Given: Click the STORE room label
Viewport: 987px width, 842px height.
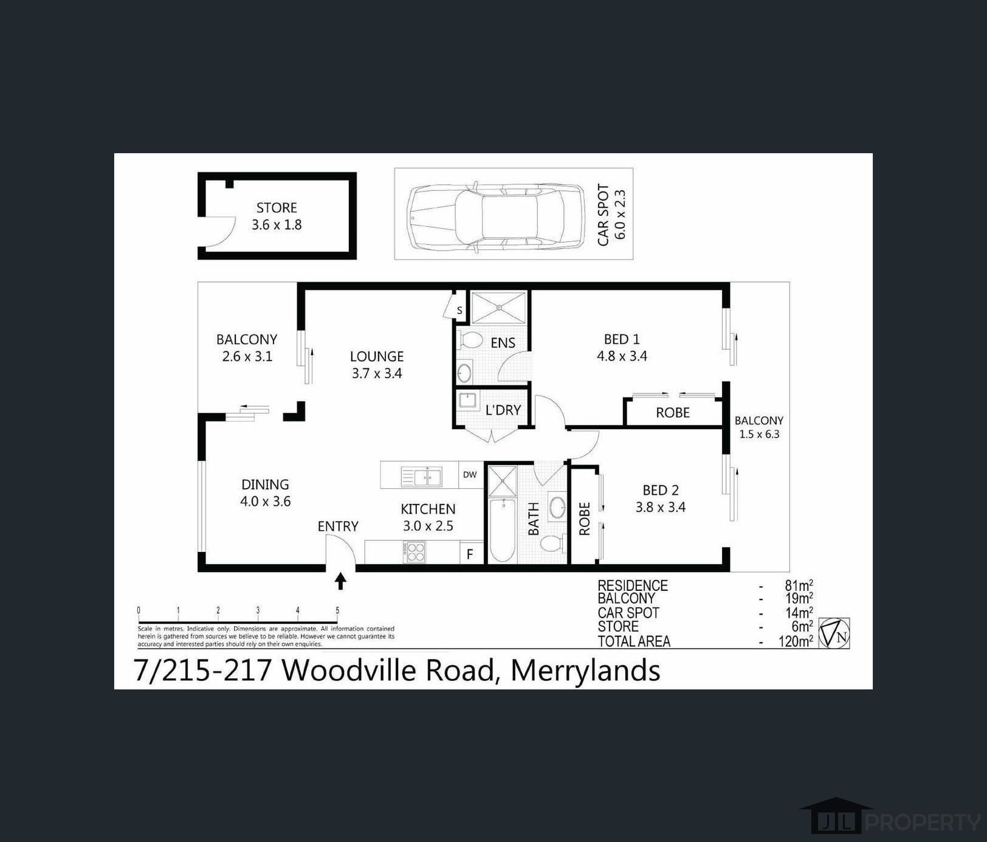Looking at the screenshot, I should [277, 208].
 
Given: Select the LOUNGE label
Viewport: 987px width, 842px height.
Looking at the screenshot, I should [377, 356].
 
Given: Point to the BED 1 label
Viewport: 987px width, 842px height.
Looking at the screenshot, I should [621, 339].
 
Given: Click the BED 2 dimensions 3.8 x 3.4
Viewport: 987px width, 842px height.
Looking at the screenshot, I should [660, 507].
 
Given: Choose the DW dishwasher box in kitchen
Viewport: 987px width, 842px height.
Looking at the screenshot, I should [470, 474].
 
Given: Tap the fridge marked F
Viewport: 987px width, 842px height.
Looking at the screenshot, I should [470, 554].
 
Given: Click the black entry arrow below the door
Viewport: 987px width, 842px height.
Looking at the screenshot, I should [340, 581].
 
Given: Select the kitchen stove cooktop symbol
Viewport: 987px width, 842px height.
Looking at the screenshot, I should [415, 552].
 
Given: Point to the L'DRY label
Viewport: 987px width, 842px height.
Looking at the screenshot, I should [503, 410].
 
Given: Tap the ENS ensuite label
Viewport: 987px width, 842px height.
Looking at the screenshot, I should [503, 343].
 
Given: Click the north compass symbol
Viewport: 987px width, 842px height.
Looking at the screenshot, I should [834, 633].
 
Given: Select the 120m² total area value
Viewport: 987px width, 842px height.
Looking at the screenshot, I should [796, 641].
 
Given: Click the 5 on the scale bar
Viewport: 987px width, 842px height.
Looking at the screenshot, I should [337, 610].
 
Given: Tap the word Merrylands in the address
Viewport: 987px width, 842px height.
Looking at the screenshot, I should [585, 671].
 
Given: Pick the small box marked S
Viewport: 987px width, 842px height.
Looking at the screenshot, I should [459, 311].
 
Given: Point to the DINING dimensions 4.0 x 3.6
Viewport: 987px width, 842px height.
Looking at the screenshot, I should [266, 502].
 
